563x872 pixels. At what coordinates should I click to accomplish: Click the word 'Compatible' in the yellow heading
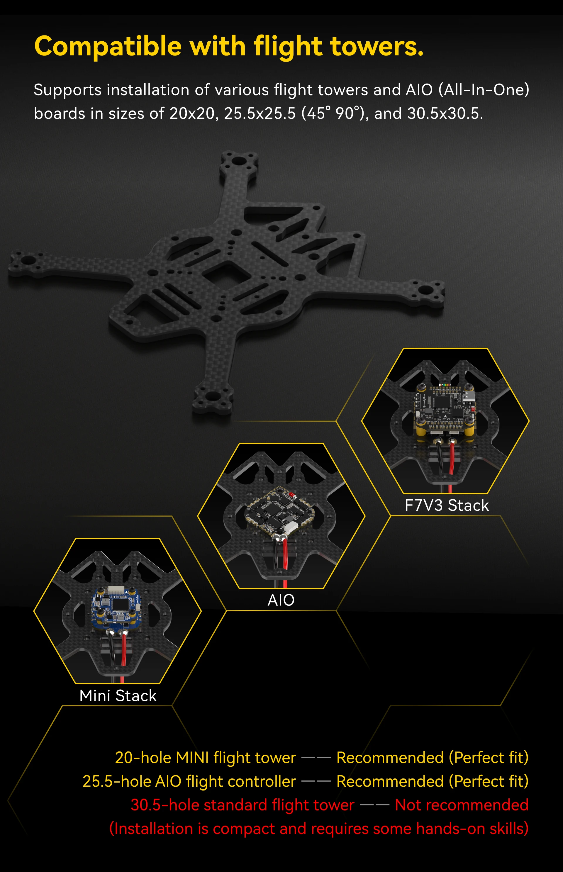pos(108,46)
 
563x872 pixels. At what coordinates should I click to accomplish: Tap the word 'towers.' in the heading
pos(377,46)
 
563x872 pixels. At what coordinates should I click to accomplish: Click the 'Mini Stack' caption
pos(118,695)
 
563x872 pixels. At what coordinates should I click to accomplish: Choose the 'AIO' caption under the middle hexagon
pos(281,600)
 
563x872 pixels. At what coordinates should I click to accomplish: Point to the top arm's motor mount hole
pos(238,161)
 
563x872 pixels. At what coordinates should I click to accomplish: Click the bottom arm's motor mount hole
pos(213,396)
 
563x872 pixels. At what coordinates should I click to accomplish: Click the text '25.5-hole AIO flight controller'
pos(189,781)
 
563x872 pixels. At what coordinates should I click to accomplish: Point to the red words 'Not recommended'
pos(461,805)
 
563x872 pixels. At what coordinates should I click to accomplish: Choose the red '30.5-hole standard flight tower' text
pos(243,805)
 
